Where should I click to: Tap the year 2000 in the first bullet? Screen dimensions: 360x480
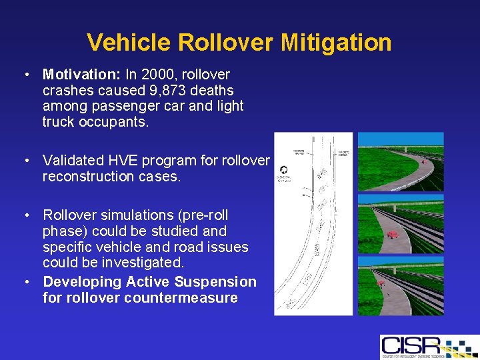click(155, 74)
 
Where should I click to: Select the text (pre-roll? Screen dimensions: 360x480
click(203, 215)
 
